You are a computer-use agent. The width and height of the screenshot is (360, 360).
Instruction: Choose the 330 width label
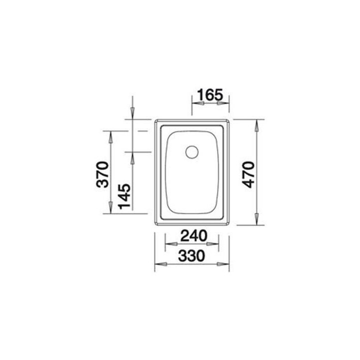(192, 255)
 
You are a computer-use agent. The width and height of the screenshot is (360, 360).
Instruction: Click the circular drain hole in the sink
(191, 151)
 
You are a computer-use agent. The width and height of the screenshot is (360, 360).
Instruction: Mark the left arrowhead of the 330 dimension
(159, 264)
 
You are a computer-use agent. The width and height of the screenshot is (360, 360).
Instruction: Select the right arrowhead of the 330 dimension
(225, 264)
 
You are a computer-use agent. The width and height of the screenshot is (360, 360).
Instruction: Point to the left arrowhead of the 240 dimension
(169, 244)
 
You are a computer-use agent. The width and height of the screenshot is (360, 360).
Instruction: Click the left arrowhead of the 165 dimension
(196, 103)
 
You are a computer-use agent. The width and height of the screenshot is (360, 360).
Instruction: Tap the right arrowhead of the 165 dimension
(225, 103)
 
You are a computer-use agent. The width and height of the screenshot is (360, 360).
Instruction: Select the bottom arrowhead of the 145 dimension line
(132, 209)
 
